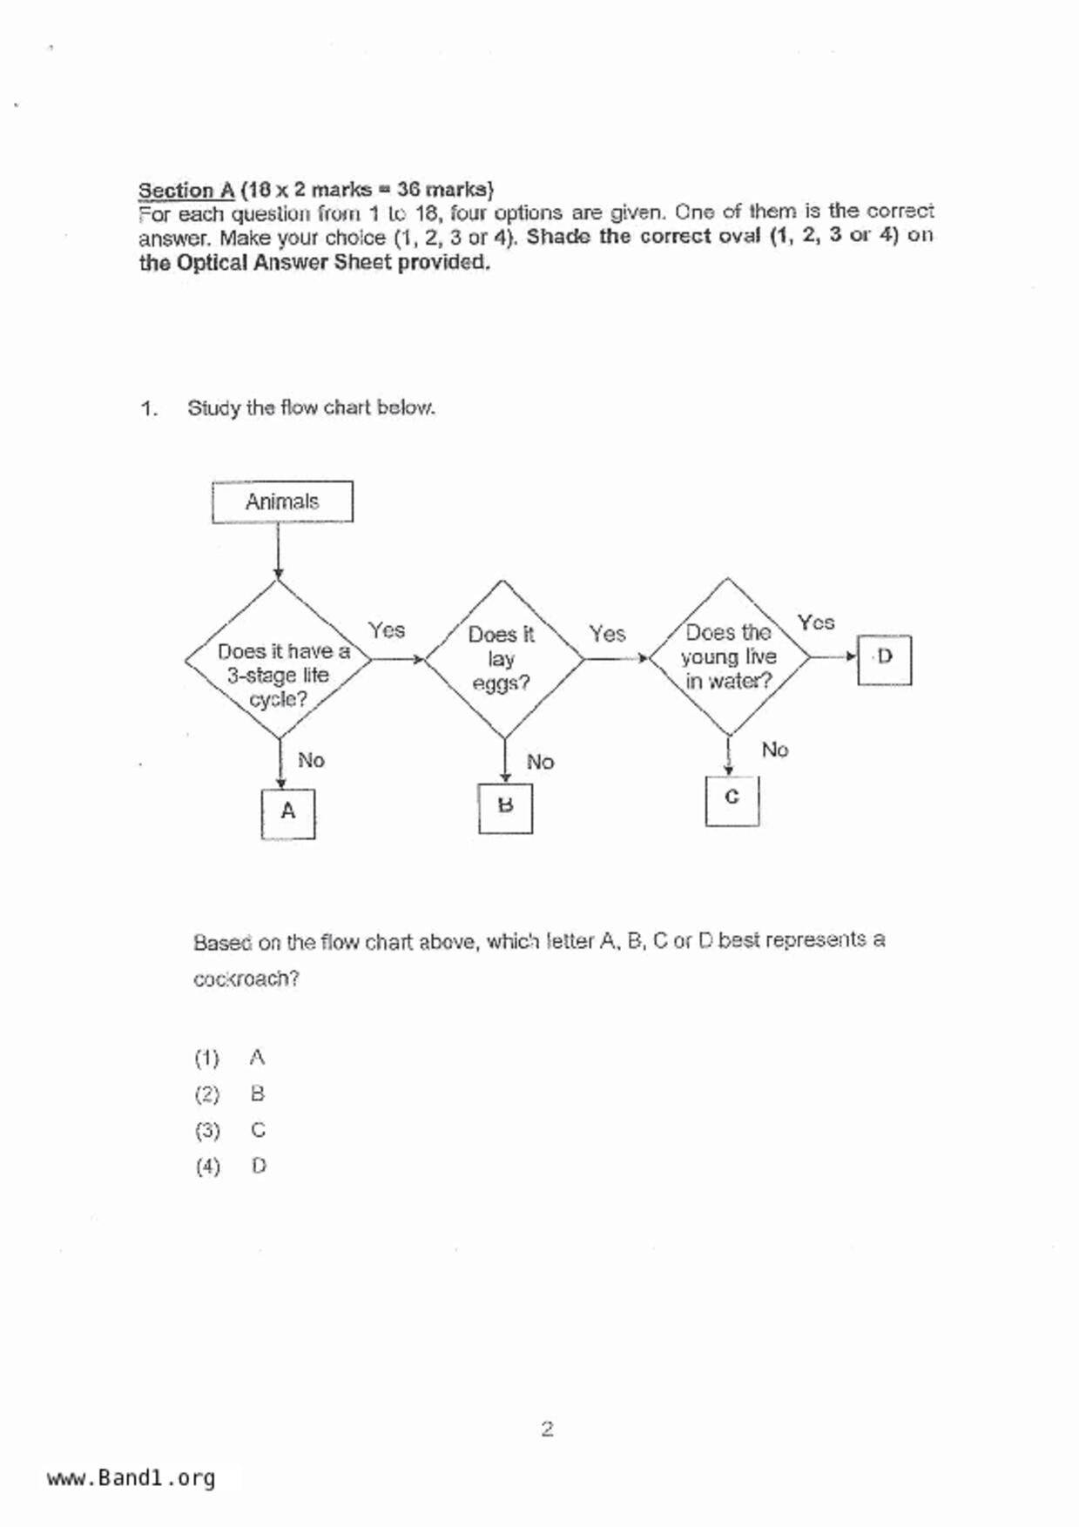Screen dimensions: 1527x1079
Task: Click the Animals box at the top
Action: [x=282, y=501]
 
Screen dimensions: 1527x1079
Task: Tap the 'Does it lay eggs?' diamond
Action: [x=503, y=659]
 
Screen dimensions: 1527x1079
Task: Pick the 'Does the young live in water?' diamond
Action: [x=728, y=657]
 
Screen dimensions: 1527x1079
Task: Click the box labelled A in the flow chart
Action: [x=288, y=813]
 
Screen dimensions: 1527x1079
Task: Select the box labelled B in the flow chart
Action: [x=505, y=808]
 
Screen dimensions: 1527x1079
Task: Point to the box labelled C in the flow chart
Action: [x=732, y=799]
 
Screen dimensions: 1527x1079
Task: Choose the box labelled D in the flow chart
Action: [x=884, y=659]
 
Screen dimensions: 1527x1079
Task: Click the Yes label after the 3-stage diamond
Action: [x=386, y=630]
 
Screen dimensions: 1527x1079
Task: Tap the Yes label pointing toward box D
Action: [x=816, y=622]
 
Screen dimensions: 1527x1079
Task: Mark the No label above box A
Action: [x=311, y=761]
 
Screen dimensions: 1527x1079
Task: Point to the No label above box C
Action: [x=774, y=750]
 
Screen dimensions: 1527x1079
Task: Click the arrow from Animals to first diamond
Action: [x=278, y=550]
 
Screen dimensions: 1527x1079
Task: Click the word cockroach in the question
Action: [x=246, y=979]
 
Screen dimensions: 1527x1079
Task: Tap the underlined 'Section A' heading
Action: [x=186, y=190]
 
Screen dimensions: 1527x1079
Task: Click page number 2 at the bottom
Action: [x=547, y=1429]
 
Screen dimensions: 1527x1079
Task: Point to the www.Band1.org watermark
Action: [x=131, y=1478]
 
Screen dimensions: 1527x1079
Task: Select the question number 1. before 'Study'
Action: [x=149, y=408]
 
